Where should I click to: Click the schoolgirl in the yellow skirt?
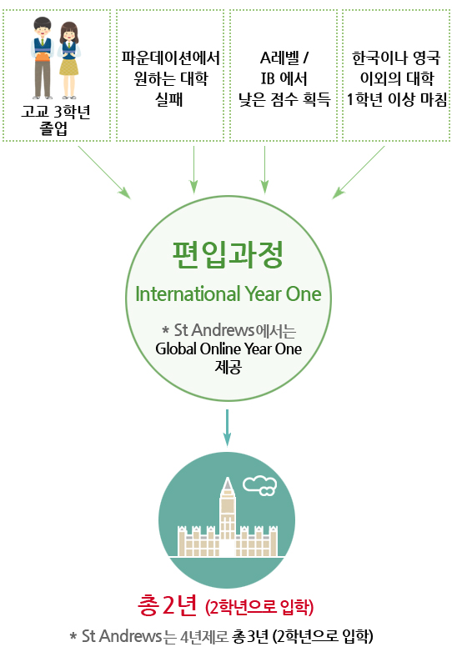[69, 60]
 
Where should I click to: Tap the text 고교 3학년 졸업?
[56, 119]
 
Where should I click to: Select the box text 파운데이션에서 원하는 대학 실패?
[170, 78]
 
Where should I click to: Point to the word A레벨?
[279, 58]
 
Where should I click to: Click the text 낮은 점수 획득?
[284, 99]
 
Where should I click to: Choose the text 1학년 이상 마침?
[397, 99]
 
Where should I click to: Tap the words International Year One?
[229, 294]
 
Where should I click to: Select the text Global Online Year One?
[229, 349]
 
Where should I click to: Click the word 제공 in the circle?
[229, 366]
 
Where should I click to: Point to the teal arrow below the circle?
[228, 428]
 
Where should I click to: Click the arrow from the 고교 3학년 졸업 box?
[104, 173]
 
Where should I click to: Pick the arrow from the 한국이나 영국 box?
[359, 173]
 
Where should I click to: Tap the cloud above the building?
[259, 486]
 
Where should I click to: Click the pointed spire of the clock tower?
[228, 485]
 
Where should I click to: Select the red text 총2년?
[167, 605]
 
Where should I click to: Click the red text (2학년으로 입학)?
[259, 607]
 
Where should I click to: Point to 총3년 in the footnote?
[250, 637]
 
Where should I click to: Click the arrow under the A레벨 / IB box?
[264, 170]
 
